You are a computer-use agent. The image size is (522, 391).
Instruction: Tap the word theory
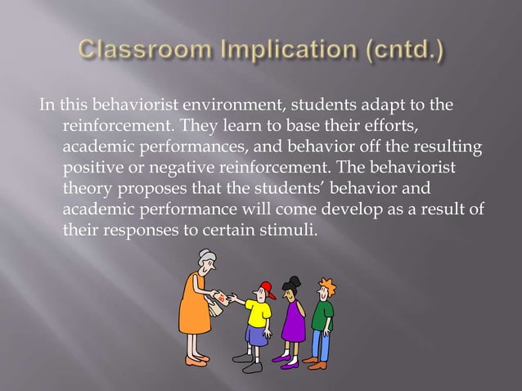coord(88,188)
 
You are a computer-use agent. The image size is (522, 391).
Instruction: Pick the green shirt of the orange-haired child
coord(323,315)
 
